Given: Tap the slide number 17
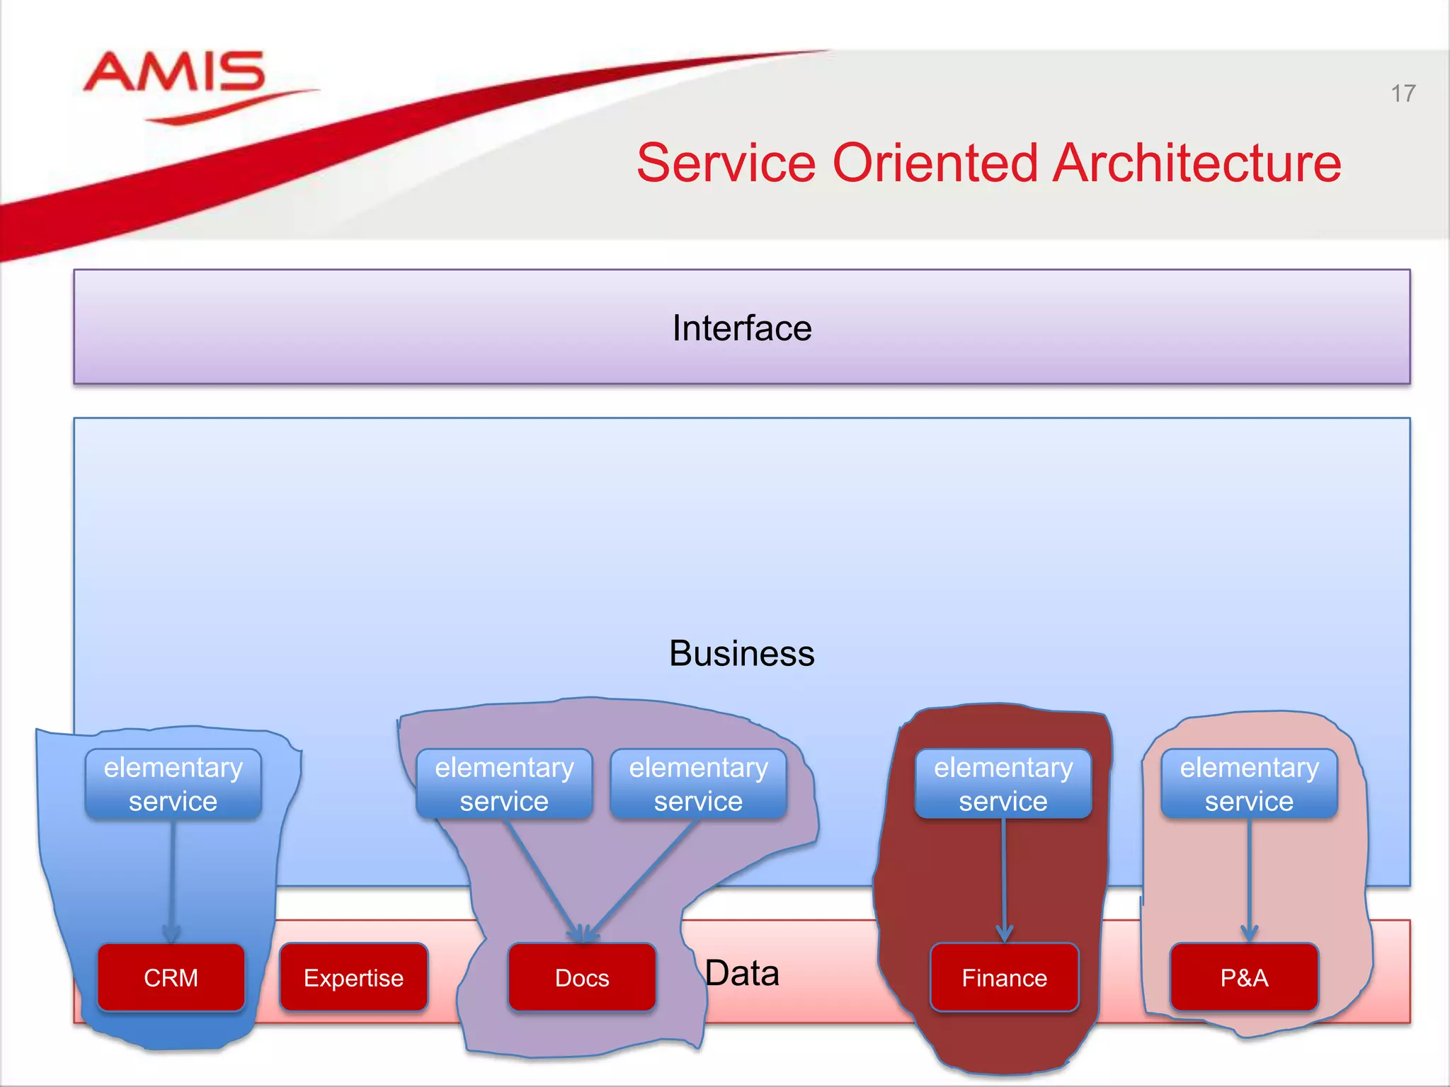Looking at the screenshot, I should point(1403,93).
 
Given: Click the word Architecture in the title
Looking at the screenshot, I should point(1197,163).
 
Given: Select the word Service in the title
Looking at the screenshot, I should point(726,163).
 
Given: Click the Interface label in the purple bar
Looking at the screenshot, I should point(741,328).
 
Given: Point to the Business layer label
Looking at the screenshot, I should point(741,653).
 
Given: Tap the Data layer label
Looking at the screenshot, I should point(742,973).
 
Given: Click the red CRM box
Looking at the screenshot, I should point(171,977).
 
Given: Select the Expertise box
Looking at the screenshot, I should point(353,977).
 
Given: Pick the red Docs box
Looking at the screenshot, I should point(582,977).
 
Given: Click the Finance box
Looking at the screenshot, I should point(1004,977).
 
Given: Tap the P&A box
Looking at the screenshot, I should point(1244,977).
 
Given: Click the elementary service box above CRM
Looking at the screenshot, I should point(173,784).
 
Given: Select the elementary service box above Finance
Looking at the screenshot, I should point(1003,784).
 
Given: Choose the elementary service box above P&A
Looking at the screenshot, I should point(1249,784).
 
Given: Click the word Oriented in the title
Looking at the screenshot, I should point(935,163).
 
